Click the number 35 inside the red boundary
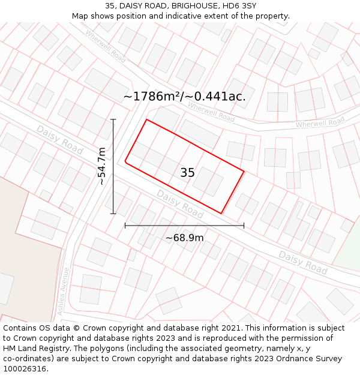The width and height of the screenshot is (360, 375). coord(187,173)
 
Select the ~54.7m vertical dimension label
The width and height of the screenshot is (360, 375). coord(102,166)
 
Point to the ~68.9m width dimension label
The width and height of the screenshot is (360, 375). coord(184,238)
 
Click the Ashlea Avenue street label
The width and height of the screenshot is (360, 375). coord(62,291)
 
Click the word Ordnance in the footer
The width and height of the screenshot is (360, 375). coord(282,359)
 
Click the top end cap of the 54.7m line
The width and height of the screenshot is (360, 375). coord(113,119)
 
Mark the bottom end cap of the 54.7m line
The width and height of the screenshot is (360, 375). coord(113,214)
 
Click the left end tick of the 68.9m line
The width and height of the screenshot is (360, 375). coord(125,226)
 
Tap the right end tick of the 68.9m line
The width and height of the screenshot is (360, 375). coord(244,226)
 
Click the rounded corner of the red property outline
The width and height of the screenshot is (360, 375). coord(125,161)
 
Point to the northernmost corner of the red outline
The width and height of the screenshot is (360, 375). coord(146,119)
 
